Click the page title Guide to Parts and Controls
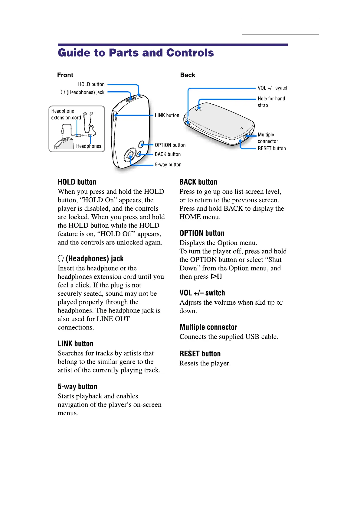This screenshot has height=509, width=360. point(136,53)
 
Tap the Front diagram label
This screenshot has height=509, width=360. point(65,75)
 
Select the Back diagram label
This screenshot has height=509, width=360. point(188,75)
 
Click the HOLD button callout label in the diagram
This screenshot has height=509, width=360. point(91,84)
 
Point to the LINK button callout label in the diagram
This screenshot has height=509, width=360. point(167,115)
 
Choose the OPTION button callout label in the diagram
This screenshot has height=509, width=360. point(170,145)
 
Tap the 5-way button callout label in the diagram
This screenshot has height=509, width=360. point(168,165)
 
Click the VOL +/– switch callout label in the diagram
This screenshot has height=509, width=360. point(273,88)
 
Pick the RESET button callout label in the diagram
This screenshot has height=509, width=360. point(272,148)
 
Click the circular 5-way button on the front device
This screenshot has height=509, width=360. point(130,156)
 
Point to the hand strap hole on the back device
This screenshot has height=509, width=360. point(199,109)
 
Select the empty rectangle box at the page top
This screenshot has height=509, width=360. point(280,27)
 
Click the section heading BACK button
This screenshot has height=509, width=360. point(198,182)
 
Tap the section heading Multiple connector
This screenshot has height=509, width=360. point(208,327)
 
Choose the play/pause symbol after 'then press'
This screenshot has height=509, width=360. point(217,276)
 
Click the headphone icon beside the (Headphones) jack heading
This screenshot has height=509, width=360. point(61,258)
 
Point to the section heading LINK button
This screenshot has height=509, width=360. point(76,344)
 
